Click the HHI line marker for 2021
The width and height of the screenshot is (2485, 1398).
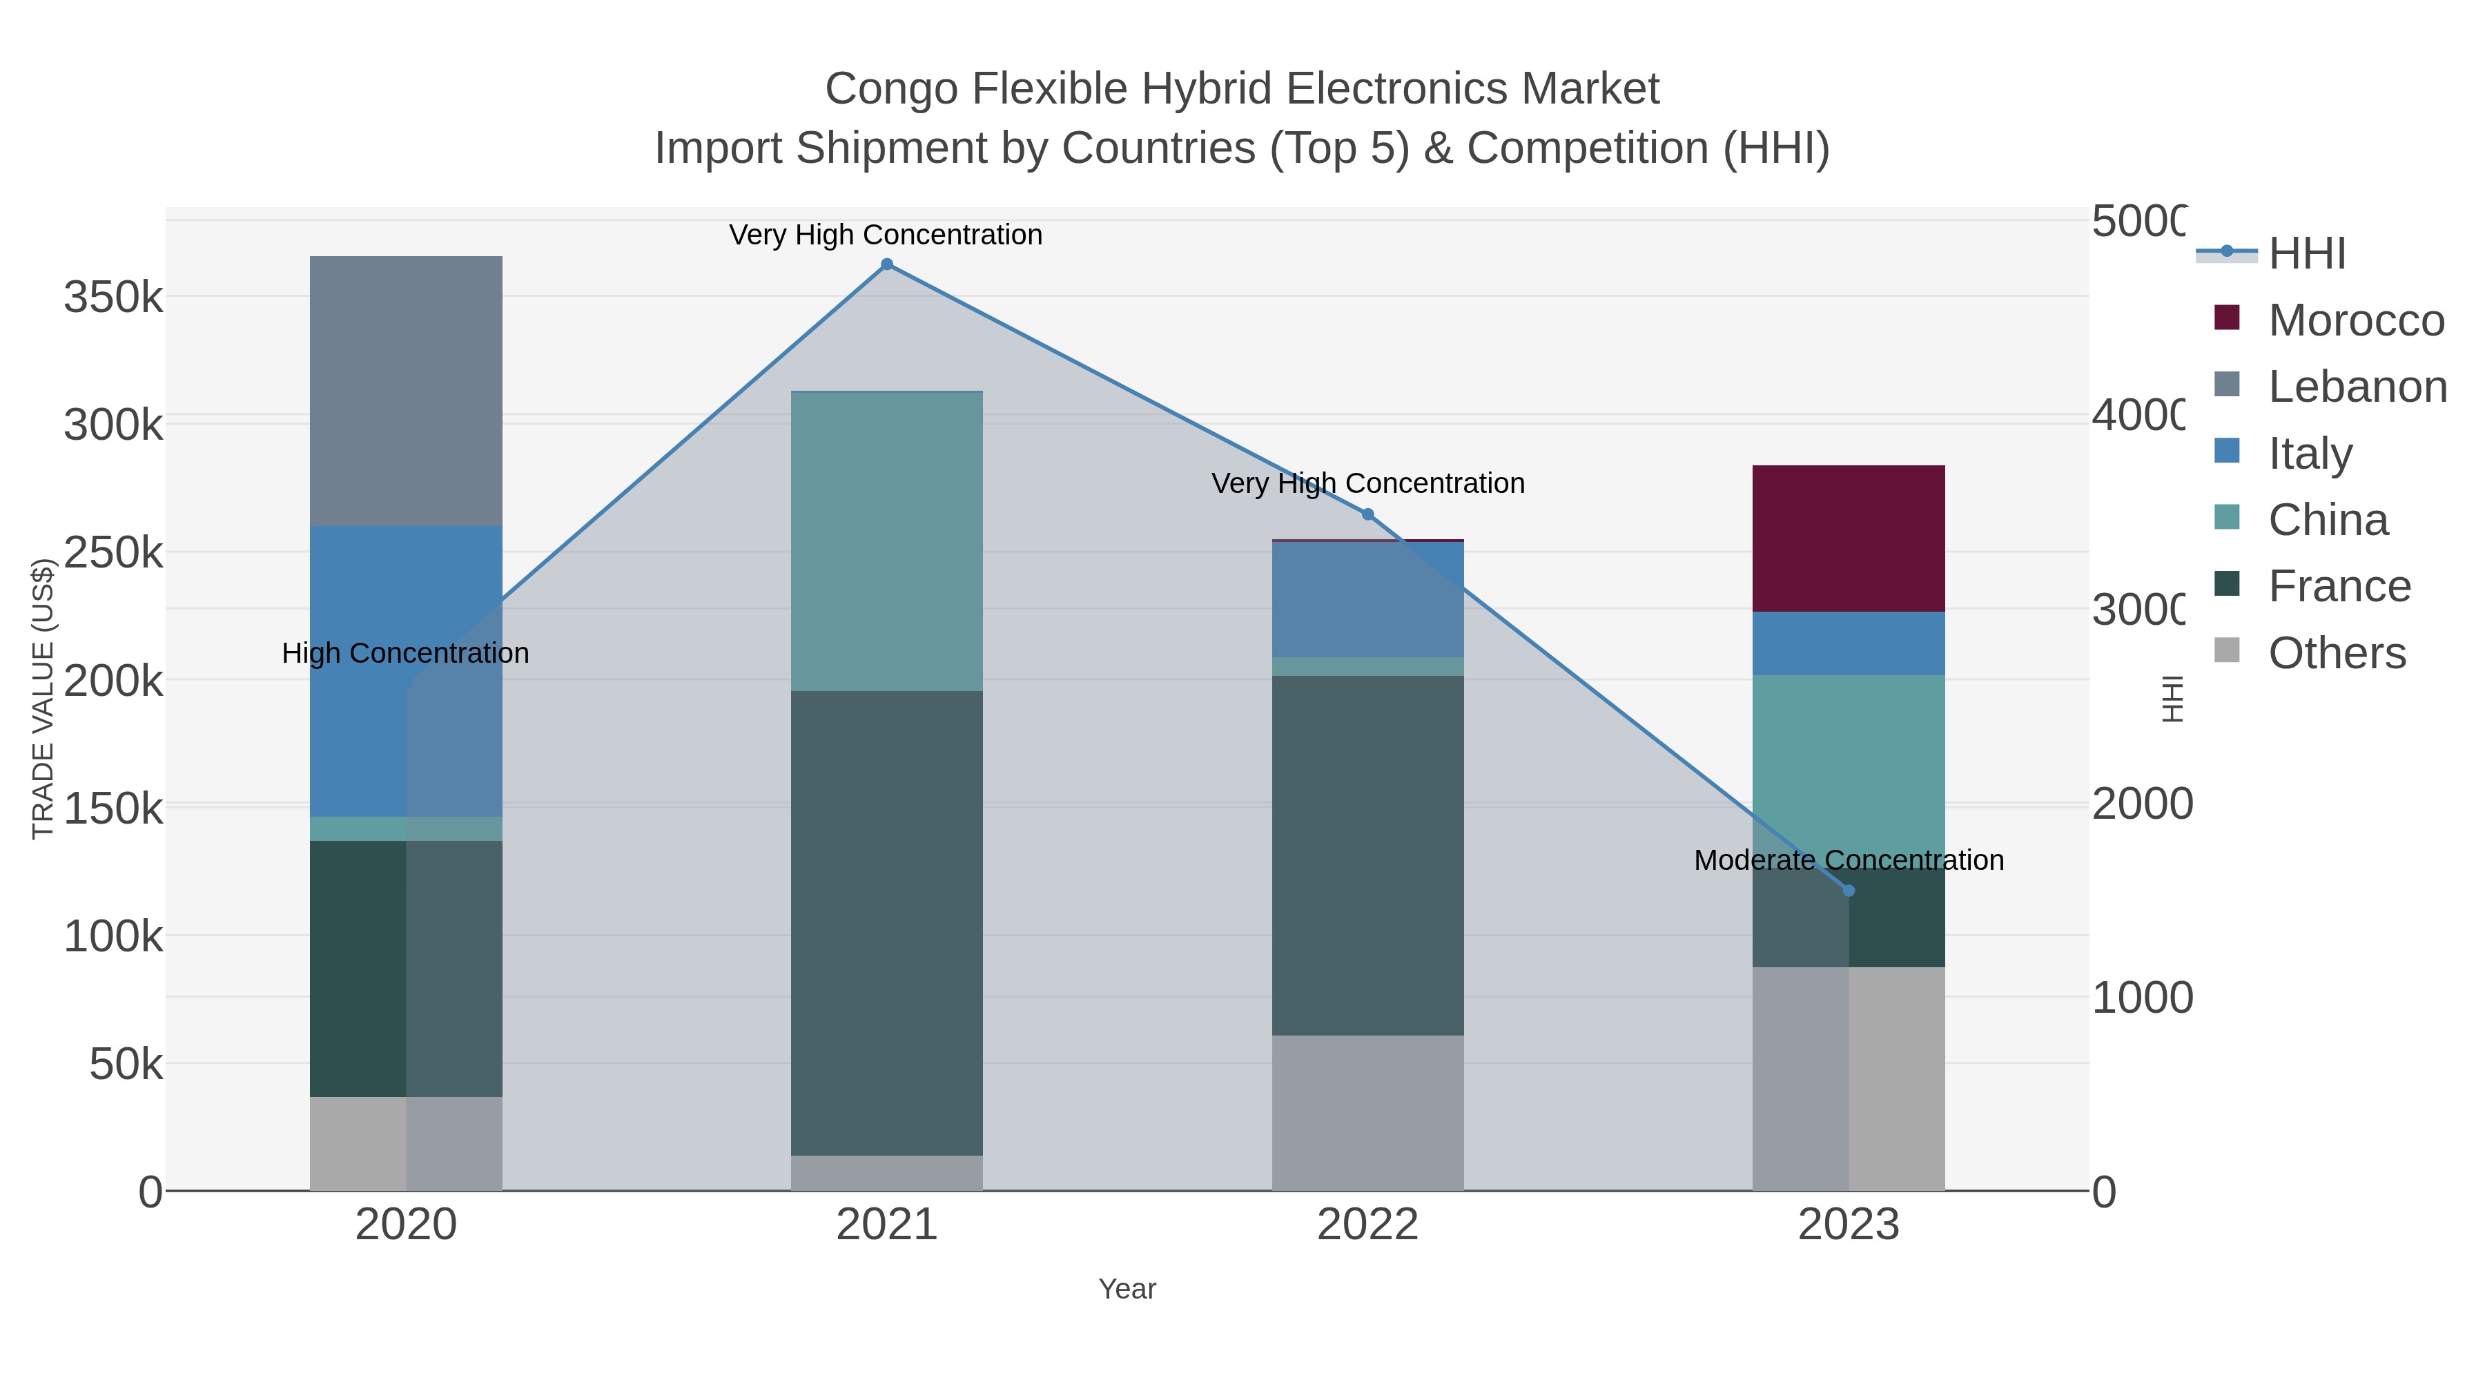coord(886,264)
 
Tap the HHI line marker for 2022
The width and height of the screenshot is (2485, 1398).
coord(1367,514)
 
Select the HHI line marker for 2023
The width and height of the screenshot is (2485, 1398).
coord(1849,891)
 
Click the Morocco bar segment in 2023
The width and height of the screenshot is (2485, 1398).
coord(1849,538)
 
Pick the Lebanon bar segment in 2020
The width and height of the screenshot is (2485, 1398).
coord(405,391)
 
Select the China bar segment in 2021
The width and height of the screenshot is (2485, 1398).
coord(886,541)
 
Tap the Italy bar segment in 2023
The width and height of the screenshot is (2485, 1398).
coord(1849,643)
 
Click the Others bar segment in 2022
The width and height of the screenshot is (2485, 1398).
coord(1367,1112)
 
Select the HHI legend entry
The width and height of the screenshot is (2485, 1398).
coord(2306,254)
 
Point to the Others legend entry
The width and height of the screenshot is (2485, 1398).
coord(2337,653)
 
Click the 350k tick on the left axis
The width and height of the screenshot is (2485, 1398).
coord(113,298)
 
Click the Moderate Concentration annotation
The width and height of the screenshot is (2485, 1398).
coord(1849,860)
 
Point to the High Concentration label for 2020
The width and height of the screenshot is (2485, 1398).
coord(405,653)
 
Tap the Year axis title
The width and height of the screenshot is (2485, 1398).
coord(1127,1289)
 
